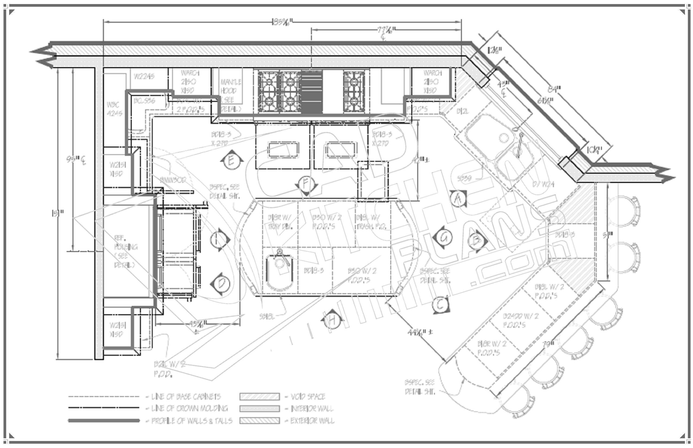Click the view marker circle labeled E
coord(231,161)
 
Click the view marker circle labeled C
coord(440,305)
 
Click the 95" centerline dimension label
coord(76,159)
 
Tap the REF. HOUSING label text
coord(125,251)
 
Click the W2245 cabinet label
coord(144,76)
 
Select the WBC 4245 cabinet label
coord(114,109)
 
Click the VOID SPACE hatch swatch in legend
coord(260,396)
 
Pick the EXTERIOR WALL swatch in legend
coord(260,421)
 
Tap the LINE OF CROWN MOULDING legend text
coord(189,408)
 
